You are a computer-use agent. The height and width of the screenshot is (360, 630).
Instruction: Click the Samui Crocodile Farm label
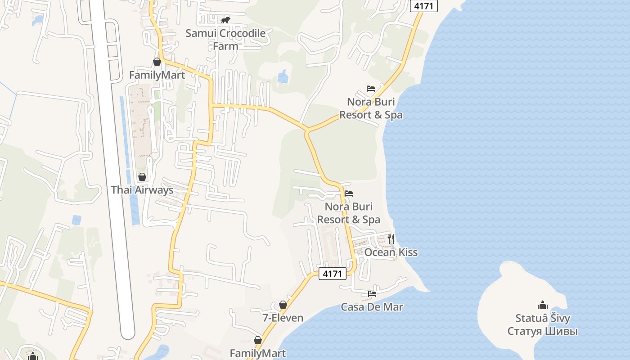[x=225, y=39]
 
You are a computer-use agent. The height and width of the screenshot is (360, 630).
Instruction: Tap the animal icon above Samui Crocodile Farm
[x=225, y=20]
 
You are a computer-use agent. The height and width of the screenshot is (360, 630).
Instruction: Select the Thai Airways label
[x=142, y=190]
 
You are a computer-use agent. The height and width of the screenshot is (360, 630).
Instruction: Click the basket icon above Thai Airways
[x=142, y=177]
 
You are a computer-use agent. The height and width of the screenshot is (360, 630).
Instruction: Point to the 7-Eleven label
[x=283, y=318]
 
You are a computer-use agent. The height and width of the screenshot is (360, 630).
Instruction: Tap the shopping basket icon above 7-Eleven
[x=283, y=305]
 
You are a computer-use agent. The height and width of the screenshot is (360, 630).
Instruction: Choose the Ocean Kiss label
[x=391, y=252]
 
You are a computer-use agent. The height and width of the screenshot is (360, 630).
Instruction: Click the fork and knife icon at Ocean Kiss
[x=391, y=239]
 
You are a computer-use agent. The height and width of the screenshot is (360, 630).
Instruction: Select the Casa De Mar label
[x=372, y=307]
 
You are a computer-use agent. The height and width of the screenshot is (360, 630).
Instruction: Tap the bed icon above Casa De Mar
[x=372, y=294]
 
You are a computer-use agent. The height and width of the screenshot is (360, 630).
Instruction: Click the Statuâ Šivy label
[x=543, y=318]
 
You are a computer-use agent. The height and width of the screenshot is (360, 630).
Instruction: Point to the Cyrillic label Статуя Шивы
[x=543, y=331]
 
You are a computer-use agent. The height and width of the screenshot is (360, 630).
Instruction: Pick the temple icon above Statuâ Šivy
[x=543, y=305]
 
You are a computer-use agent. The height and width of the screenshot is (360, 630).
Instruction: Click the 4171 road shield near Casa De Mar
[x=333, y=273]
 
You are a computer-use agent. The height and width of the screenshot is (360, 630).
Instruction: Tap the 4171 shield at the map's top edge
[x=423, y=6]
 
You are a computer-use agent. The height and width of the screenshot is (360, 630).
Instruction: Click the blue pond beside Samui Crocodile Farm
[x=283, y=76]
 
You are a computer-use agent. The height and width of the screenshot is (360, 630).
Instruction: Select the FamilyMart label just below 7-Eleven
[x=258, y=353]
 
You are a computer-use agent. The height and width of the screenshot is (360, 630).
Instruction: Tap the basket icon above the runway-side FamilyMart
[x=157, y=62]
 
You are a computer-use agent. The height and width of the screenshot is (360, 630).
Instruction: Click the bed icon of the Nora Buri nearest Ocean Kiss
[x=349, y=193]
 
